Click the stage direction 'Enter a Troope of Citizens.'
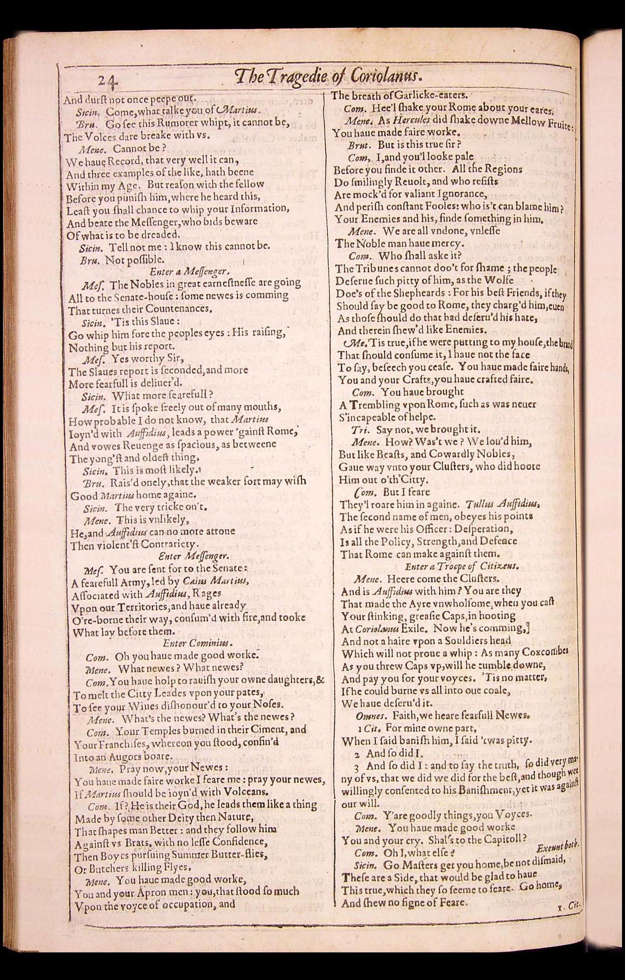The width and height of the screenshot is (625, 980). [461, 566]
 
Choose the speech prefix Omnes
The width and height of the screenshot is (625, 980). [370, 715]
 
